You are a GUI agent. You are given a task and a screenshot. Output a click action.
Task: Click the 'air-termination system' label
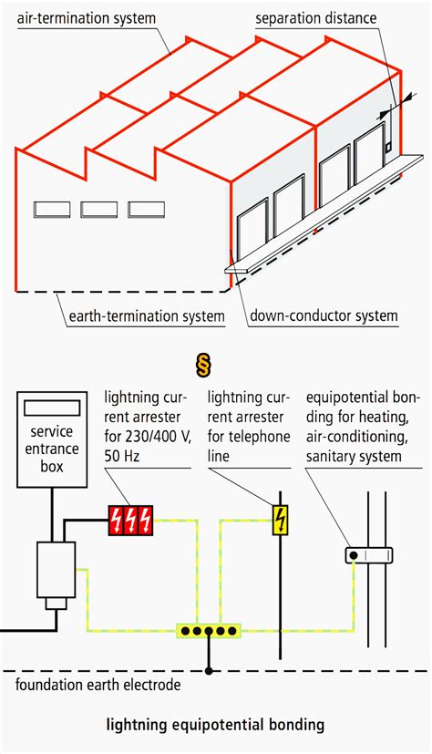pyautogui.click(x=87, y=18)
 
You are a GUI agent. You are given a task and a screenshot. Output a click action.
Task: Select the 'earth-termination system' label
pyautogui.click(x=147, y=316)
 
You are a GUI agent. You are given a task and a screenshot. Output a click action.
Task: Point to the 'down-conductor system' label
pyautogui.click(x=324, y=316)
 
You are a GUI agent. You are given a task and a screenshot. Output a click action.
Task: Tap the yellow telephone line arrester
pyautogui.click(x=280, y=520)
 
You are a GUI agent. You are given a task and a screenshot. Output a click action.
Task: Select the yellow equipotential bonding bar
pyautogui.click(x=209, y=630)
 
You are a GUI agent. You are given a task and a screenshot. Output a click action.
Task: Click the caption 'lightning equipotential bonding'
pyautogui.click(x=216, y=726)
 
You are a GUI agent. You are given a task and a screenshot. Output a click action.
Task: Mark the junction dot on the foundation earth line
pyautogui.click(x=209, y=670)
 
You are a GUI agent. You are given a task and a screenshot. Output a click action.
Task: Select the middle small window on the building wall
pyautogui.click(x=98, y=209)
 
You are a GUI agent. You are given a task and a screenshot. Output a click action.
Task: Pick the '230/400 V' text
pyautogui.click(x=159, y=435)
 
